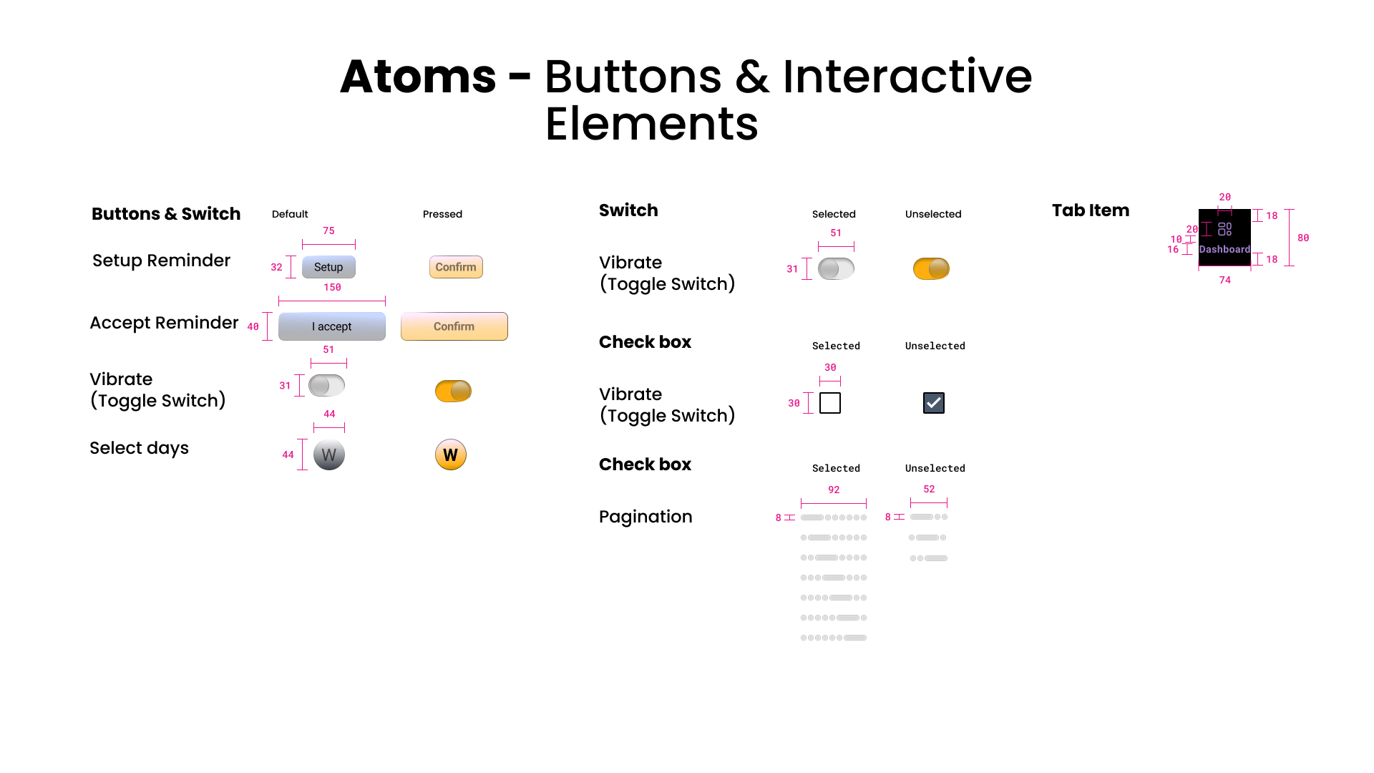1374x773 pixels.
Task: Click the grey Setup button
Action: (x=328, y=267)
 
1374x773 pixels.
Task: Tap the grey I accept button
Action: (x=332, y=326)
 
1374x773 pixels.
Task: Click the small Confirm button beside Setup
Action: (x=456, y=267)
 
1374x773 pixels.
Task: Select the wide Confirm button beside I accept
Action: (x=454, y=326)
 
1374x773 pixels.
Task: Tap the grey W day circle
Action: (x=329, y=455)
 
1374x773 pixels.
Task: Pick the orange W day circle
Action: (x=451, y=455)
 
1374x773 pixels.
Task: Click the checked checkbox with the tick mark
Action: (x=934, y=403)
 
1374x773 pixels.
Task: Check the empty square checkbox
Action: (x=830, y=403)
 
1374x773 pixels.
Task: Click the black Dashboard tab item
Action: (x=1224, y=238)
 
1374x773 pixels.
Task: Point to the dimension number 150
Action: (x=332, y=288)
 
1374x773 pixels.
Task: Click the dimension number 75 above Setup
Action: (x=328, y=231)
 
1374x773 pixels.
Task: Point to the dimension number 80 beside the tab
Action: (x=1303, y=238)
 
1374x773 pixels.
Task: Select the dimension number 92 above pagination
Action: (x=834, y=490)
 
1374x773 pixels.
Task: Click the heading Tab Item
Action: (x=1091, y=210)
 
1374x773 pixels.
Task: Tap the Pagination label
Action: (x=645, y=517)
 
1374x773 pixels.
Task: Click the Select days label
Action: (x=139, y=448)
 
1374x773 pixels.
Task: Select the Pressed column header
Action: (x=442, y=214)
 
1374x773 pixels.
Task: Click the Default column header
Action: (x=290, y=214)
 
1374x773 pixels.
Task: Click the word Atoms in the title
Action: (x=418, y=77)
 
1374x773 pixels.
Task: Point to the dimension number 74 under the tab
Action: (x=1225, y=281)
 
